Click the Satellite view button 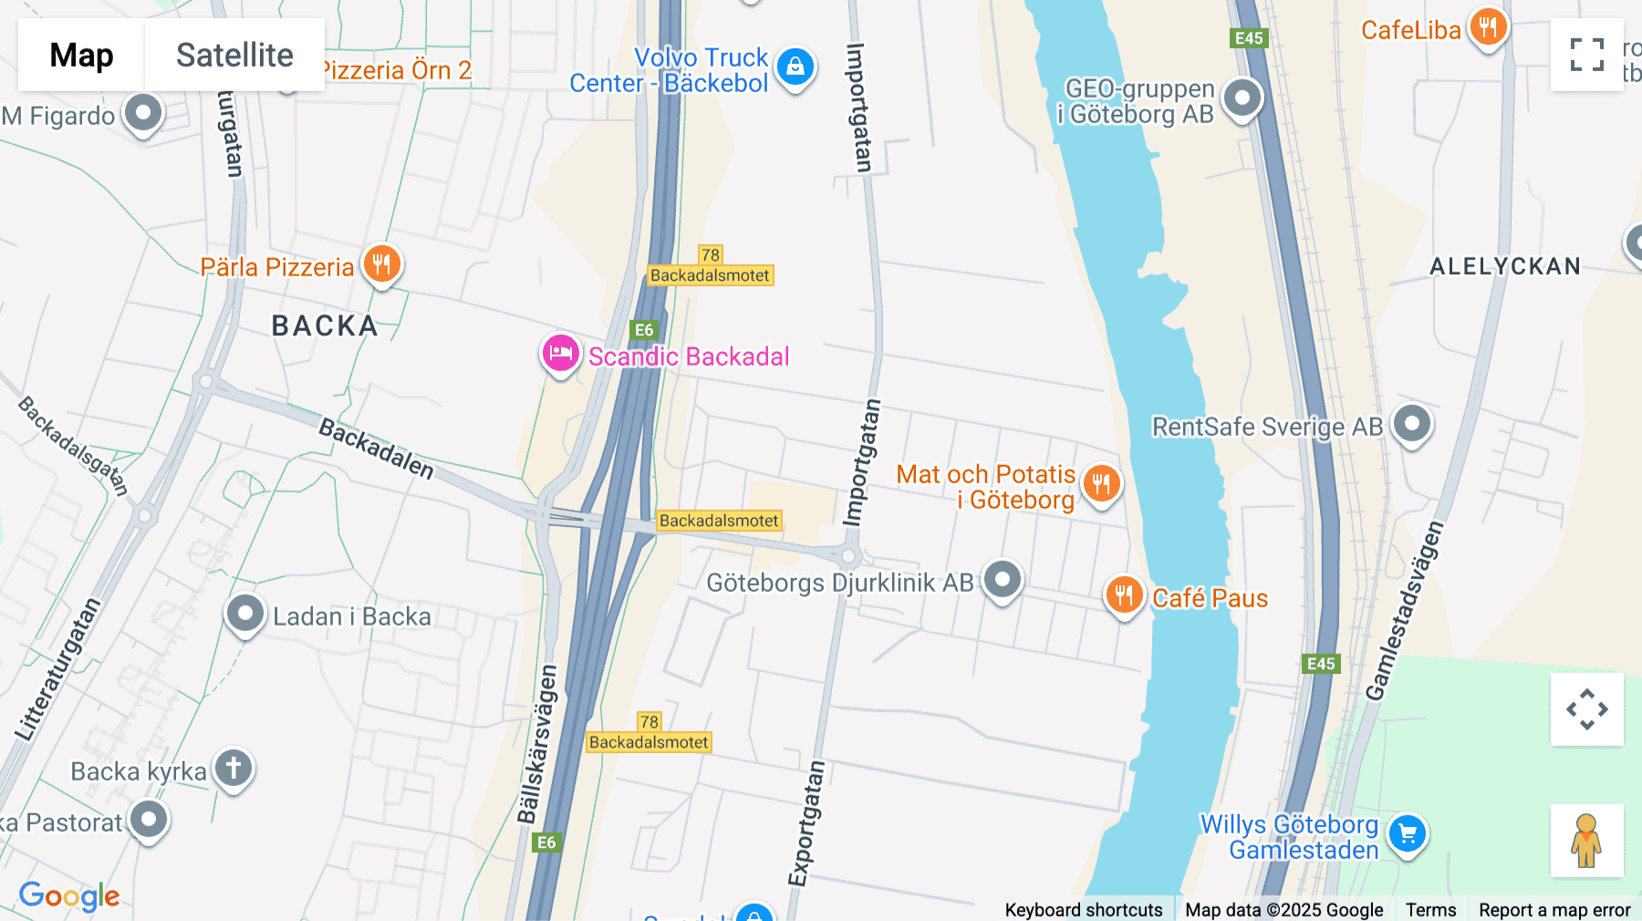(x=234, y=55)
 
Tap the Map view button (x=81, y=55)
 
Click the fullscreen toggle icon (x=1586, y=55)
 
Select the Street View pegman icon (x=1586, y=841)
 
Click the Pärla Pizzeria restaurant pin (x=382, y=264)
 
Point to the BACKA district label (x=325, y=326)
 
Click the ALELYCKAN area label (x=1504, y=266)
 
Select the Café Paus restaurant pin (x=1124, y=595)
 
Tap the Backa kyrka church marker (x=234, y=769)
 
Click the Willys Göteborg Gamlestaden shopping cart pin (x=1407, y=833)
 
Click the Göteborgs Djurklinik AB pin (x=1003, y=580)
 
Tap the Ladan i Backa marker (x=244, y=615)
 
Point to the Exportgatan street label (x=806, y=823)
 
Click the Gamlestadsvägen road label (x=1405, y=611)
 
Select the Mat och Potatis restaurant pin (x=1101, y=484)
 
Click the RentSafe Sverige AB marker (x=1412, y=424)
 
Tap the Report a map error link (x=1554, y=909)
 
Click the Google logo (x=69, y=895)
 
